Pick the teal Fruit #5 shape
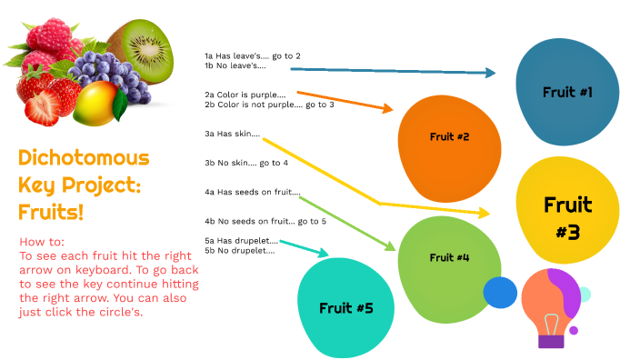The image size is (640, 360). coord(346,306)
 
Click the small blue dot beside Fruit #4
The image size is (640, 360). coord(499,292)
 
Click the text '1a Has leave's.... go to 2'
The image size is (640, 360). coord(253,56)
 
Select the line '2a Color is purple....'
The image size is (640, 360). coord(245,95)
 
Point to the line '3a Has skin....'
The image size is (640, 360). coord(233,134)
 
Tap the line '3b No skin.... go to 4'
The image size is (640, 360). coord(246,163)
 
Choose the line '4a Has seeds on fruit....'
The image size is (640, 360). coord(253,192)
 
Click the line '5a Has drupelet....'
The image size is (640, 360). coord(241,240)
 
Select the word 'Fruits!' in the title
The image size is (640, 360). coord(51,213)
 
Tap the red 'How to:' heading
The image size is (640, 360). coord(42,242)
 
